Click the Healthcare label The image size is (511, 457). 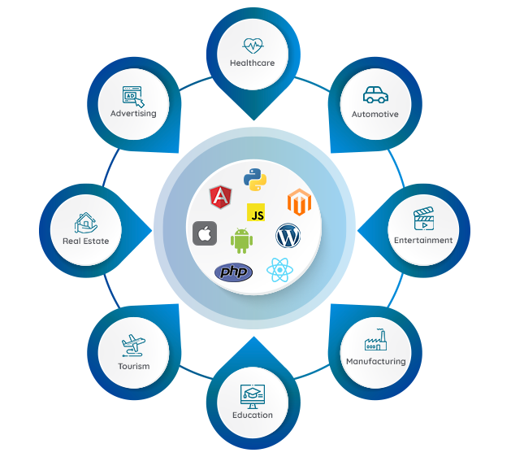coord(252,63)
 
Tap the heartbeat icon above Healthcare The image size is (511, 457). coord(252,45)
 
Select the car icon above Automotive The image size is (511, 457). coord(375,95)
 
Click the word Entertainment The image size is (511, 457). coord(423,241)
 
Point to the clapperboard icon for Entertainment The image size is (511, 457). coord(423,220)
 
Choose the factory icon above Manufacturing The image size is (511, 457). coord(375,342)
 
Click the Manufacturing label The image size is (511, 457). coord(375,361)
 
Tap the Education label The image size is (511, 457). coord(252,415)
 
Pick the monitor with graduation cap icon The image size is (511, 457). coord(252,395)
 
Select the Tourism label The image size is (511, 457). coord(133,366)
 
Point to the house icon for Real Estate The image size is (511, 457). coord(85,221)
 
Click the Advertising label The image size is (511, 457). coord(133,114)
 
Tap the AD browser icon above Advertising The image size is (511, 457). coord(133,96)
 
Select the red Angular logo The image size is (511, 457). coord(219,197)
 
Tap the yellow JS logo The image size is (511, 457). coord(258,214)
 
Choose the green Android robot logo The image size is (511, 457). coord(241,240)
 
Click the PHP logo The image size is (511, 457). coord(233,271)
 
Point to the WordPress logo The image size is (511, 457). coord(288,236)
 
